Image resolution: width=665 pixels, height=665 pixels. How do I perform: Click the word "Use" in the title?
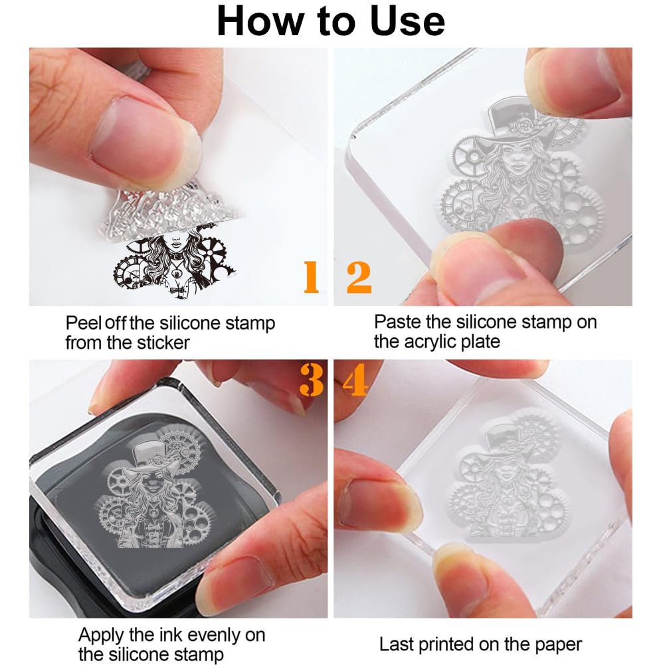point(407,21)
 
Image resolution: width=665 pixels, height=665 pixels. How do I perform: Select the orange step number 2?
point(359,278)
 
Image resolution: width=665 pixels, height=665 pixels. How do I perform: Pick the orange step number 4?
point(355,381)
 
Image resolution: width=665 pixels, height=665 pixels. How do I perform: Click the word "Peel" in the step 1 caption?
point(83,323)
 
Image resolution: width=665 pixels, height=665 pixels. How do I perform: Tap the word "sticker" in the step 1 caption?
point(163,343)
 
